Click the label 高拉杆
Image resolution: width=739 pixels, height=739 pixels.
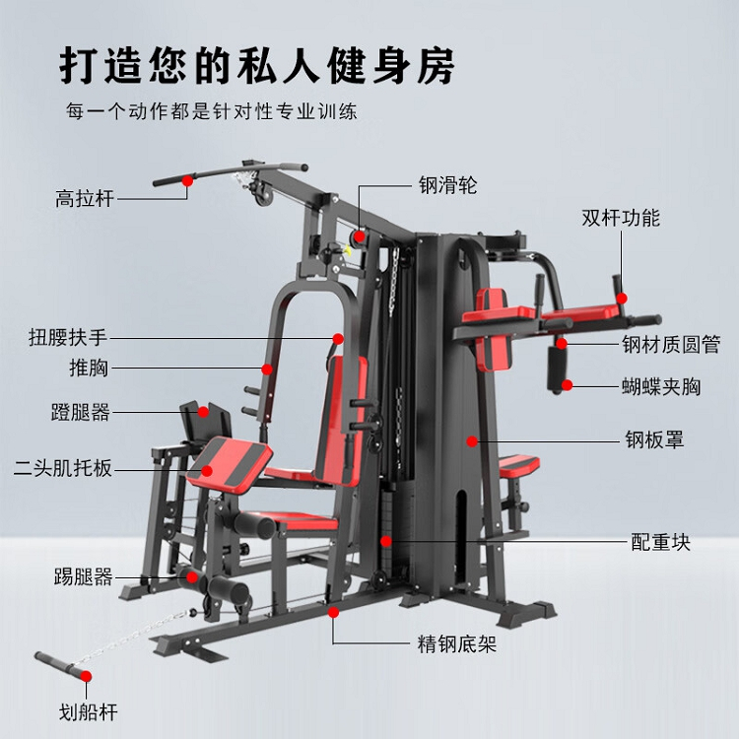(85, 198)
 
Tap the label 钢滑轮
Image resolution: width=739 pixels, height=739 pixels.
(448, 185)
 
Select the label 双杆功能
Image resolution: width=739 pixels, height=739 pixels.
(621, 218)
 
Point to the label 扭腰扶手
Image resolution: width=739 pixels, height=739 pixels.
(68, 337)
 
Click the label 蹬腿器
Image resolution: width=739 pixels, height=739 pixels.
(81, 412)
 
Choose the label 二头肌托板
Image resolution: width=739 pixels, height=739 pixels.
(63, 468)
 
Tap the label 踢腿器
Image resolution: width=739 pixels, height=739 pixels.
(83, 576)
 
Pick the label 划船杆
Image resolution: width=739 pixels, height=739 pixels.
(88, 712)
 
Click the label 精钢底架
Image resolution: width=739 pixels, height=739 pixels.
(457, 643)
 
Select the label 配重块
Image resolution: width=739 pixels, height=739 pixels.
(661, 543)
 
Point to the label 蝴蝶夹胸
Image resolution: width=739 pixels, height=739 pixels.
(661, 386)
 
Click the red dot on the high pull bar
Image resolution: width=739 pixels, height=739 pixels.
(187, 180)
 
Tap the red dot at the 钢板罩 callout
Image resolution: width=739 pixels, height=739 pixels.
(472, 441)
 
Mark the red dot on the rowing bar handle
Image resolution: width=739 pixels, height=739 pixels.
(86, 676)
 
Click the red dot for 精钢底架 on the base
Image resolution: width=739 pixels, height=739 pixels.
(334, 612)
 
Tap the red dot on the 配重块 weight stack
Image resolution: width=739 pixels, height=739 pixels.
(386, 541)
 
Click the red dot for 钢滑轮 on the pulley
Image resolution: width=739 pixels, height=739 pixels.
(360, 236)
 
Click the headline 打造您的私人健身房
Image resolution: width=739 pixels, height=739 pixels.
(257, 65)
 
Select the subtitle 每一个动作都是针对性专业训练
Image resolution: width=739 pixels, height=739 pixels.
(212, 111)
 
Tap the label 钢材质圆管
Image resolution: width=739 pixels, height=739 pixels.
(671, 345)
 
